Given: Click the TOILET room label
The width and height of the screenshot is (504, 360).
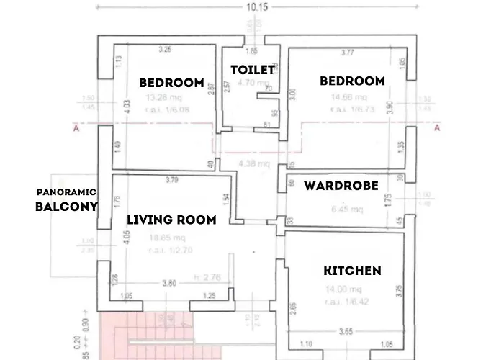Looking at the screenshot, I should [x=252, y=70].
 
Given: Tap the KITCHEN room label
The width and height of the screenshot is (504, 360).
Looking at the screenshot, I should [x=352, y=271].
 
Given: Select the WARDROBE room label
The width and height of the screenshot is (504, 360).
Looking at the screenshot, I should [x=341, y=186].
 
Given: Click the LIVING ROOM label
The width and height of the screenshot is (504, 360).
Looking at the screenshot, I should [x=171, y=220].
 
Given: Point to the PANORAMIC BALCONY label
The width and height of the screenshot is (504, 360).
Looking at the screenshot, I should [x=66, y=200].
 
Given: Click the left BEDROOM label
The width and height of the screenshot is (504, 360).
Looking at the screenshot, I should [x=171, y=82].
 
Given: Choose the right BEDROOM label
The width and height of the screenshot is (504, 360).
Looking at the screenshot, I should [x=352, y=81].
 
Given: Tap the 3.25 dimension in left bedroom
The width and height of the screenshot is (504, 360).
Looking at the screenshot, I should [x=165, y=50].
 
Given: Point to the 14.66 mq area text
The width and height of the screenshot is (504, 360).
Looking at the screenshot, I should [x=349, y=98].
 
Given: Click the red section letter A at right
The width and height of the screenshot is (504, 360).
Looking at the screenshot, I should [x=436, y=128].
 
